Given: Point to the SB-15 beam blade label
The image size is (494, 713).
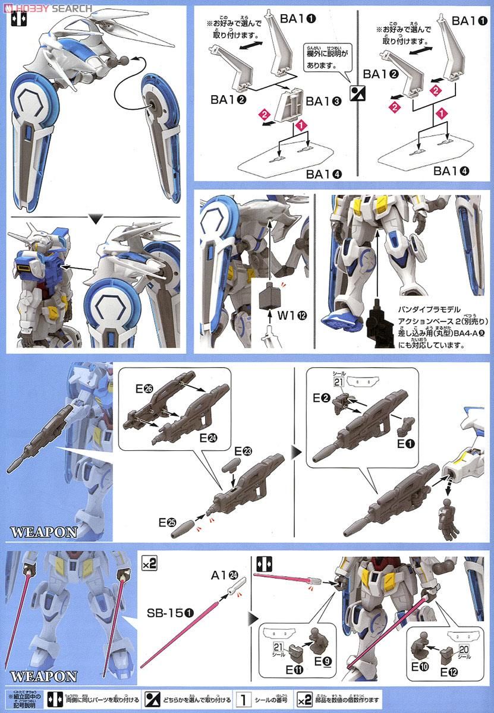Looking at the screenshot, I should point(168,611).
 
